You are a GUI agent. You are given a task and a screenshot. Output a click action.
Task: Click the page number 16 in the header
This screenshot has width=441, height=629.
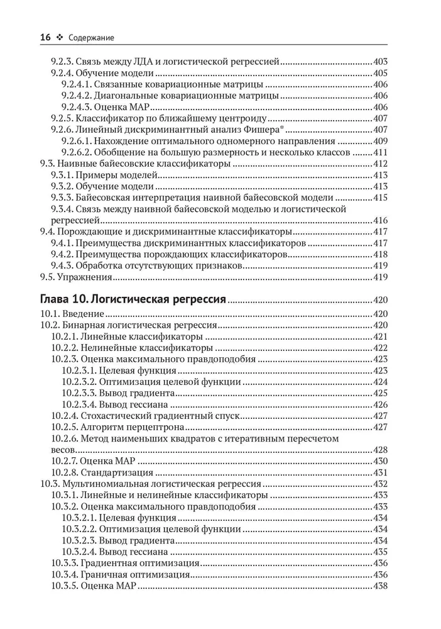point(45,38)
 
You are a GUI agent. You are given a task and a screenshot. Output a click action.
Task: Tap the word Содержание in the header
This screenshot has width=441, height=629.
point(92,38)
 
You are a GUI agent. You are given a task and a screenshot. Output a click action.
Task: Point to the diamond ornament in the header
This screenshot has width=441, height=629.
point(60,38)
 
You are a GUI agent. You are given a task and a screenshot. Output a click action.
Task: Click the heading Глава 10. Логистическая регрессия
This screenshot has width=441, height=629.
point(133,299)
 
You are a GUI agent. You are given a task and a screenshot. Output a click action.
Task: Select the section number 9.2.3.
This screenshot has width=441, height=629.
point(62,62)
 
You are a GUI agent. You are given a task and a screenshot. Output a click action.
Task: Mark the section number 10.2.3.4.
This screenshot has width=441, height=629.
point(79,404)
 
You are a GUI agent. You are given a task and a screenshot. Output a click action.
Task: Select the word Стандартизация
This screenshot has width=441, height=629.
point(119,472)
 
